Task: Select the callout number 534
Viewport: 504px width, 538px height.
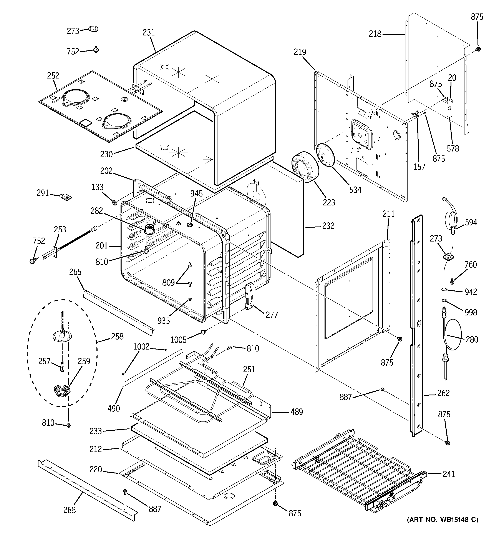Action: tap(355, 190)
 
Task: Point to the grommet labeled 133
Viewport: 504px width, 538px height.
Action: tap(115, 202)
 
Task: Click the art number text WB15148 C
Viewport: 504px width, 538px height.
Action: tap(442, 527)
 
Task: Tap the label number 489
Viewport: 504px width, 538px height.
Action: tap(297, 412)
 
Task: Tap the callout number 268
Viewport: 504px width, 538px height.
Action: tap(69, 510)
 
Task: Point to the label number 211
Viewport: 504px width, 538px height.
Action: tap(388, 214)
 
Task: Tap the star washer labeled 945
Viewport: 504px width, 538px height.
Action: tap(190, 225)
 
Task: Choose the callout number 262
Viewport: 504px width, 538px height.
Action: tap(443, 393)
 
